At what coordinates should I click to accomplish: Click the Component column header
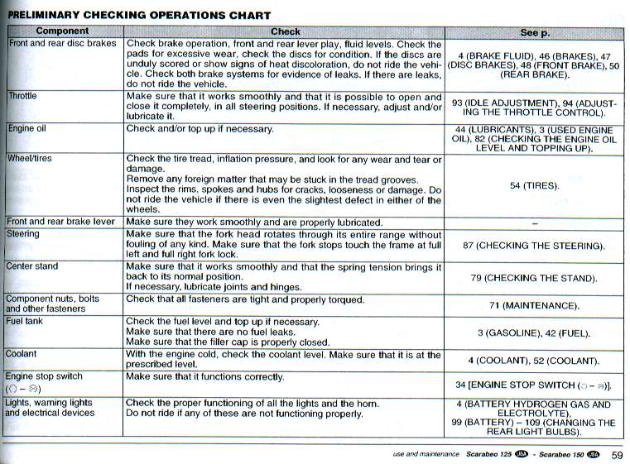pos(63,31)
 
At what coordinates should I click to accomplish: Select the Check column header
pos(286,31)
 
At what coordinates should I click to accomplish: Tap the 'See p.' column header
pos(534,31)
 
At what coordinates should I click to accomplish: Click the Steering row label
pos(24,234)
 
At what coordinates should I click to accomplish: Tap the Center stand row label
pos(32,266)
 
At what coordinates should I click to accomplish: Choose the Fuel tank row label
pos(26,321)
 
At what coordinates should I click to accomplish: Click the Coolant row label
pos(22,354)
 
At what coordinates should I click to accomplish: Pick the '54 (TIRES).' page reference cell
pos(534,185)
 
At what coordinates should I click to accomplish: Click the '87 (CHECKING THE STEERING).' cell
pos(534,246)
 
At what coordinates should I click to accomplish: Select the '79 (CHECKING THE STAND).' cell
pos(534,278)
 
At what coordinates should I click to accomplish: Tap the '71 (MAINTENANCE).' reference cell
pos(534,305)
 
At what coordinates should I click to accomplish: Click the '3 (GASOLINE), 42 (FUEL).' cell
pos(534,332)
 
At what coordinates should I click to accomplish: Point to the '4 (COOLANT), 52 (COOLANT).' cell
pos(534,361)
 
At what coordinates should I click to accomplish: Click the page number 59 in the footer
pos(617,454)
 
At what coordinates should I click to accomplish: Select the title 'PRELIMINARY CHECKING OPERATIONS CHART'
pos(139,16)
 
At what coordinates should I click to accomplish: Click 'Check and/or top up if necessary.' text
pos(200,129)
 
